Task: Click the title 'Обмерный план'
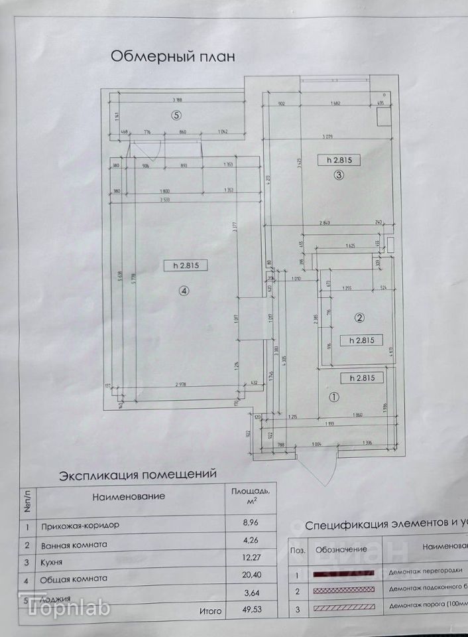pos(172,56)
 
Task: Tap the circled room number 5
pos(176,114)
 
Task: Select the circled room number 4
pos(184,290)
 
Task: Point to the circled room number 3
pos(338,175)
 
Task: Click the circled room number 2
pos(359,318)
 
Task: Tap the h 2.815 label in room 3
pos(338,159)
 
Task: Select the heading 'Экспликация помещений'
pos(138,474)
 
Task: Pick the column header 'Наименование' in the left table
pos(129,496)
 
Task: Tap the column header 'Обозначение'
pos(341,549)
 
